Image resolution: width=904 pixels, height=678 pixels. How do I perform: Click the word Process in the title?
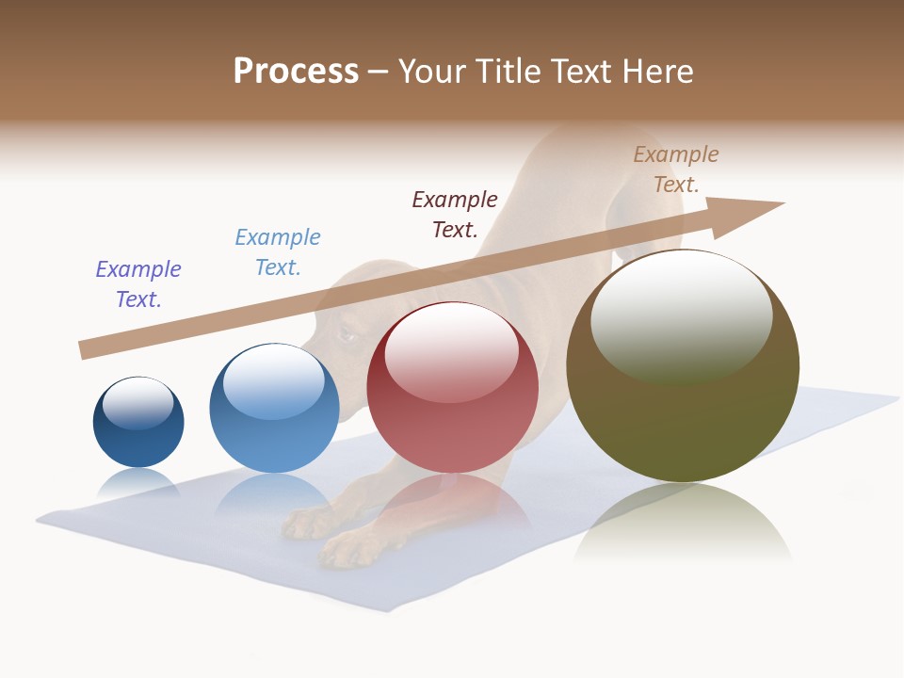(296, 72)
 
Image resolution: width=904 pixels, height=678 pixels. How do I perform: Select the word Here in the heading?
(655, 72)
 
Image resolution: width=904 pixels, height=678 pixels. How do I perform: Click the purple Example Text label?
(138, 283)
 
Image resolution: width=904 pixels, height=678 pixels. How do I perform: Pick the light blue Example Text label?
(278, 251)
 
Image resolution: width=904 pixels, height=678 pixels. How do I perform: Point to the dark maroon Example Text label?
(455, 214)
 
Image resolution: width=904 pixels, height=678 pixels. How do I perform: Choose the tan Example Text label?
(675, 169)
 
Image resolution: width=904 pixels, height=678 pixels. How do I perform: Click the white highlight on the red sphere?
(451, 348)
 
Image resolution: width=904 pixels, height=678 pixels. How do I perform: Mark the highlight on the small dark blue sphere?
(137, 403)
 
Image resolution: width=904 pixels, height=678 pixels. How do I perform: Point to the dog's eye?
(346, 332)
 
